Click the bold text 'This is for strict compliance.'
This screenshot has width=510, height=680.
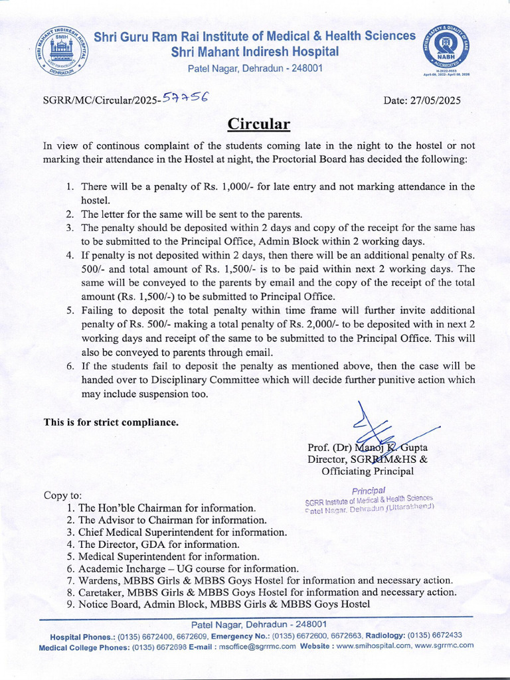pyautogui.click(x=111, y=422)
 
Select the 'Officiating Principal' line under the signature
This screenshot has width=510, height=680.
pyautogui.click(x=367, y=471)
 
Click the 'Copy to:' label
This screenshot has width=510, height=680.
pyautogui.click(x=63, y=495)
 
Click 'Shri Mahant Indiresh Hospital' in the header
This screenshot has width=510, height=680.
pyautogui.click(x=255, y=52)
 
